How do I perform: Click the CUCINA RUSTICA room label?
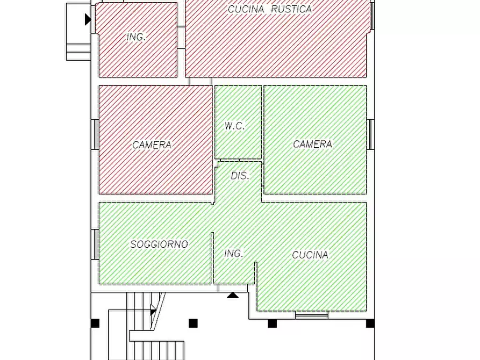(x=269, y=9)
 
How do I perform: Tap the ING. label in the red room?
(x=136, y=37)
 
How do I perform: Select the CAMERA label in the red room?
(x=152, y=145)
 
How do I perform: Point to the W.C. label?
(x=234, y=126)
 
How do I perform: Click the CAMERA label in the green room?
(x=312, y=144)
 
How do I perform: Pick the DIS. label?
(x=240, y=176)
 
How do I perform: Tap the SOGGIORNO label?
(x=159, y=244)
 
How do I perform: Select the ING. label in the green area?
(x=233, y=253)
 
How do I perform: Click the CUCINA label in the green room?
(x=310, y=255)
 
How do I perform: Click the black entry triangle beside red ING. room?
(x=88, y=19)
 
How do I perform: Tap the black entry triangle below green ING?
(x=232, y=295)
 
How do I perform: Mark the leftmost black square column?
(x=95, y=323)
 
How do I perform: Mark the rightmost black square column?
(x=370, y=323)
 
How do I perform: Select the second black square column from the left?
(x=193, y=323)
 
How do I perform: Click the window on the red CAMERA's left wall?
(x=95, y=134)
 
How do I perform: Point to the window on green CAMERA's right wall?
(x=370, y=134)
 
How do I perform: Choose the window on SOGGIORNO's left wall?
(x=95, y=244)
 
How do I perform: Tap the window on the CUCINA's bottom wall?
(x=312, y=315)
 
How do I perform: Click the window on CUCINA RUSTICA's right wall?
(x=372, y=16)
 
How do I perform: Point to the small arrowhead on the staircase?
(x=153, y=310)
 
